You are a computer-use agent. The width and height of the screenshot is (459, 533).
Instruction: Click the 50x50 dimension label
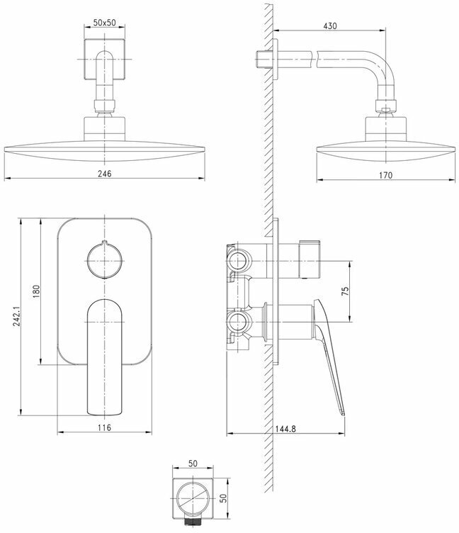pyautogui.click(x=104, y=23)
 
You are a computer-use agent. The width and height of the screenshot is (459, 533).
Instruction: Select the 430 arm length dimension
pyautogui.click(x=330, y=26)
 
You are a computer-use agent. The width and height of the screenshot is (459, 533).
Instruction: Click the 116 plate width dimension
pyautogui.click(x=104, y=427)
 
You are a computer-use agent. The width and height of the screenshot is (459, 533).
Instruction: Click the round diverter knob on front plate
pyautogui.click(x=104, y=262)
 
